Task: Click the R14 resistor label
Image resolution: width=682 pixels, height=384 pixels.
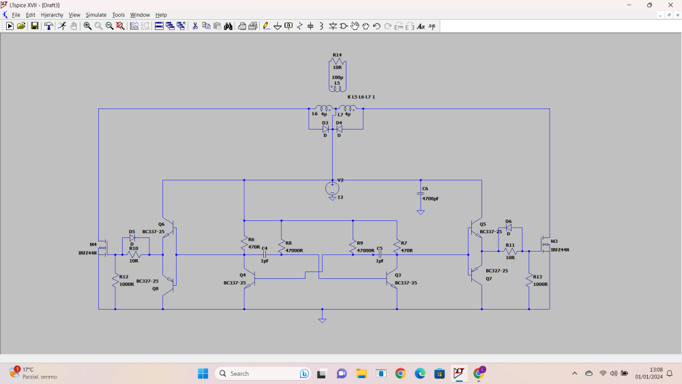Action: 337,55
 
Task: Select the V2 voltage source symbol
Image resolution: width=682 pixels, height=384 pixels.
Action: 332,188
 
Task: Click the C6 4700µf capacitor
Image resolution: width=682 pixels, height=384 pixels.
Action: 421,194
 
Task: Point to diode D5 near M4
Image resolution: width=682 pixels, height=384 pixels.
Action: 132,237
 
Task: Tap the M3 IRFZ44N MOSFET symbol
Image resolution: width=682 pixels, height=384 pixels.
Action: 545,245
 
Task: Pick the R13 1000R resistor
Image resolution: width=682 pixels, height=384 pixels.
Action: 529,280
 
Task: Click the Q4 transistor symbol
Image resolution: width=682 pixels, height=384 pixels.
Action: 250,279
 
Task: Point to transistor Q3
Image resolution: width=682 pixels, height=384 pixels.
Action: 391,279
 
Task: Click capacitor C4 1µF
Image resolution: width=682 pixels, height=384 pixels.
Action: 265,254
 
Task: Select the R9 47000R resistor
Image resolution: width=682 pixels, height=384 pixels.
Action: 353,246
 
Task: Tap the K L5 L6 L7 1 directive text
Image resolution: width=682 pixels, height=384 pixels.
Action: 361,97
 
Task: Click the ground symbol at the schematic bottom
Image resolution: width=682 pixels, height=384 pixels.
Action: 322,318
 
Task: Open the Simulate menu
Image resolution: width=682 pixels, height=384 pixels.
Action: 95,15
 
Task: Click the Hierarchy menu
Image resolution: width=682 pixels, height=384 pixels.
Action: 52,15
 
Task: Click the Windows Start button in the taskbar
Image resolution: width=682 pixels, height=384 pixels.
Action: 203,373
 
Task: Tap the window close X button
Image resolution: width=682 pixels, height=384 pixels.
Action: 670,5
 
